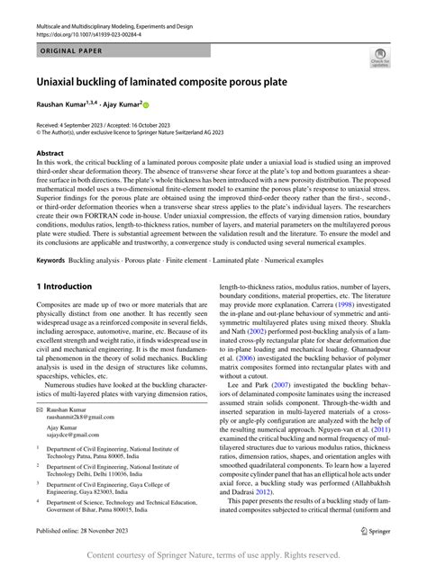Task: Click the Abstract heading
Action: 50,153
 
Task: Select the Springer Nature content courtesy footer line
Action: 213,555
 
